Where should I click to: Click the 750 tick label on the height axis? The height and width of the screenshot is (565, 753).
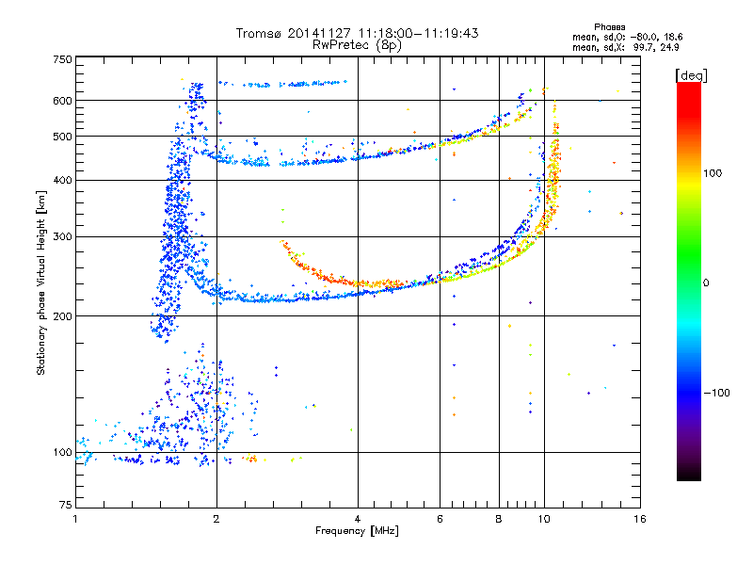(x=63, y=59)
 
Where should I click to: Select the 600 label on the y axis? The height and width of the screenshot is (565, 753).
(x=63, y=101)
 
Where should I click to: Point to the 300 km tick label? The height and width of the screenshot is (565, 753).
(x=63, y=237)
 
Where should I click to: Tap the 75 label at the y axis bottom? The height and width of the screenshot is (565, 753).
(x=66, y=505)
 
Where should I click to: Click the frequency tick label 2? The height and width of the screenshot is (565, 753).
(x=216, y=519)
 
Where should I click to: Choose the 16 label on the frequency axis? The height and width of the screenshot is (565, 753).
(x=640, y=519)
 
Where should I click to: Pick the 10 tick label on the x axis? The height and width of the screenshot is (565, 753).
(x=544, y=519)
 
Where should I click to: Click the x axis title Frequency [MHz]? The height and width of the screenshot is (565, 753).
(x=357, y=531)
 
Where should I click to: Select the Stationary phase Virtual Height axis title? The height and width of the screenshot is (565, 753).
(x=41, y=283)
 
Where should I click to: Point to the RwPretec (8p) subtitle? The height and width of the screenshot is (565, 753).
(x=357, y=45)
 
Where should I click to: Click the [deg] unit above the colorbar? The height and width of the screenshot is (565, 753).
(x=691, y=75)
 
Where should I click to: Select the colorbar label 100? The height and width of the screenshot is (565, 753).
(x=713, y=173)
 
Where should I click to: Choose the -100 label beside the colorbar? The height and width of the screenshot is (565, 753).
(x=717, y=393)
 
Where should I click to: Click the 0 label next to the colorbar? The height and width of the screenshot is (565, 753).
(x=706, y=283)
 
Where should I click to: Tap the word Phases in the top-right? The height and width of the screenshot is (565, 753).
(x=609, y=27)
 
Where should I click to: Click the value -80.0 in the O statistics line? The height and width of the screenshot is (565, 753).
(x=644, y=37)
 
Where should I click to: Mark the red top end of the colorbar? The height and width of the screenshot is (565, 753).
(x=689, y=84)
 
